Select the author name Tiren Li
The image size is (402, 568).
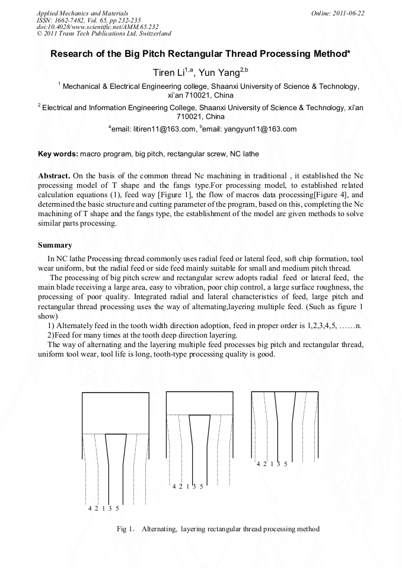pos(168,73)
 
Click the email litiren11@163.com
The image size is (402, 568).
pos(154,129)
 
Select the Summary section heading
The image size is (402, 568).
pos(55,245)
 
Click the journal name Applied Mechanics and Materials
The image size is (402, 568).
pos(82,12)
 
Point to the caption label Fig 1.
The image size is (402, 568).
pos(126,529)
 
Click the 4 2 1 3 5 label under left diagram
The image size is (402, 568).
pos(104,508)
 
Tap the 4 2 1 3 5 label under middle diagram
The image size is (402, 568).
pos(187,486)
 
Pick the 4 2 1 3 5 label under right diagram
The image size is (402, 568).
pos(272,464)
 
